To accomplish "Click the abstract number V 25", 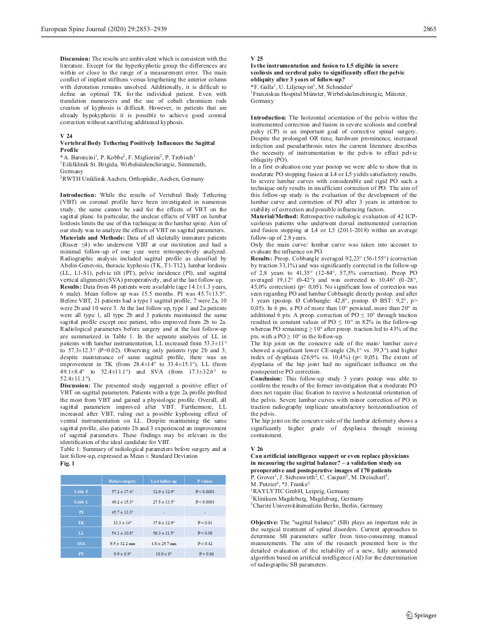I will coord(257,59).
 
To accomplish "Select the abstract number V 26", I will coord(257,449).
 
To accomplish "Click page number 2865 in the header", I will coord(428,29).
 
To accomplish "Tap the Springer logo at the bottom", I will coord(421,615).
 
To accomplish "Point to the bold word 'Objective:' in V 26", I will coord(264,522).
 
